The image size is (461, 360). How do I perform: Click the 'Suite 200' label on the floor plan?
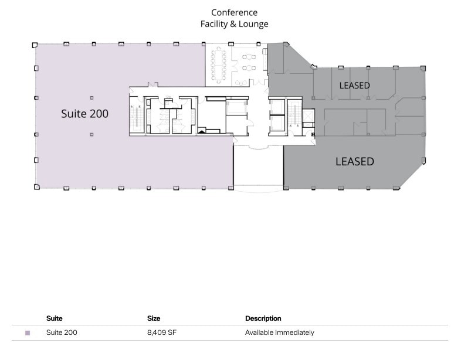click(x=84, y=114)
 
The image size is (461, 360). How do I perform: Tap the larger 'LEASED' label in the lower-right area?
click(x=354, y=161)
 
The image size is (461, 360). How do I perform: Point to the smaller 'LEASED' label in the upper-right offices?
click(x=354, y=86)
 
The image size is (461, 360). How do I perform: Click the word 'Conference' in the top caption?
click(x=234, y=13)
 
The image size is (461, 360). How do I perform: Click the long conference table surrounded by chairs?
click(x=219, y=64)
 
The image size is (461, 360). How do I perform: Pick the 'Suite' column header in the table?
click(x=55, y=318)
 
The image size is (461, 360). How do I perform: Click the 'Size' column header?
click(x=154, y=318)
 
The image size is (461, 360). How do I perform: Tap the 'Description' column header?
click(x=263, y=318)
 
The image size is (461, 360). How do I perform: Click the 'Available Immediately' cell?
click(x=279, y=332)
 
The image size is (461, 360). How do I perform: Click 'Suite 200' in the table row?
click(x=62, y=332)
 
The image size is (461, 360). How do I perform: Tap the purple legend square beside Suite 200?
click(x=28, y=333)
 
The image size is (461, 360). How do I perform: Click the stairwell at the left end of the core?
click(x=136, y=116)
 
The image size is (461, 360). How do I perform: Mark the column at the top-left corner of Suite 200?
click(x=35, y=44)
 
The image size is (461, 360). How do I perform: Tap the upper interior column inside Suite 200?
click(x=91, y=97)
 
